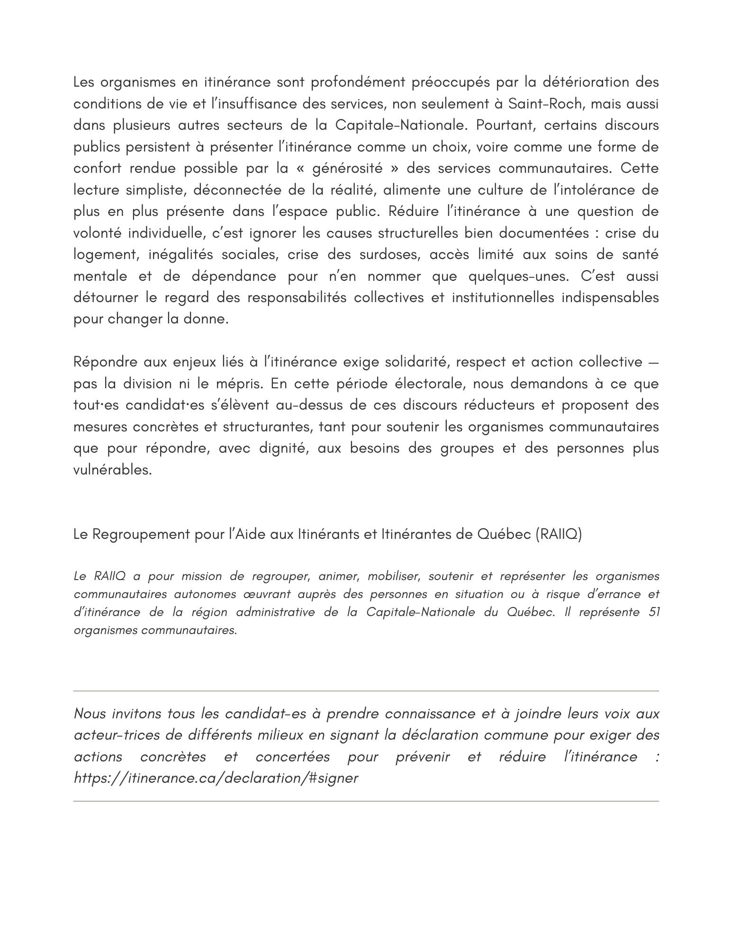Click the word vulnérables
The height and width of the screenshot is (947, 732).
tap(112, 470)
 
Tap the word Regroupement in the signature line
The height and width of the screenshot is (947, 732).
tap(141, 535)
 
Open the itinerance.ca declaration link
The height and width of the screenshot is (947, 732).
tap(216, 778)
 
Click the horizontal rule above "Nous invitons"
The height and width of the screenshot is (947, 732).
tap(366, 691)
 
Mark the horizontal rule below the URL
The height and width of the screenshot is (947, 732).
tap(366, 801)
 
